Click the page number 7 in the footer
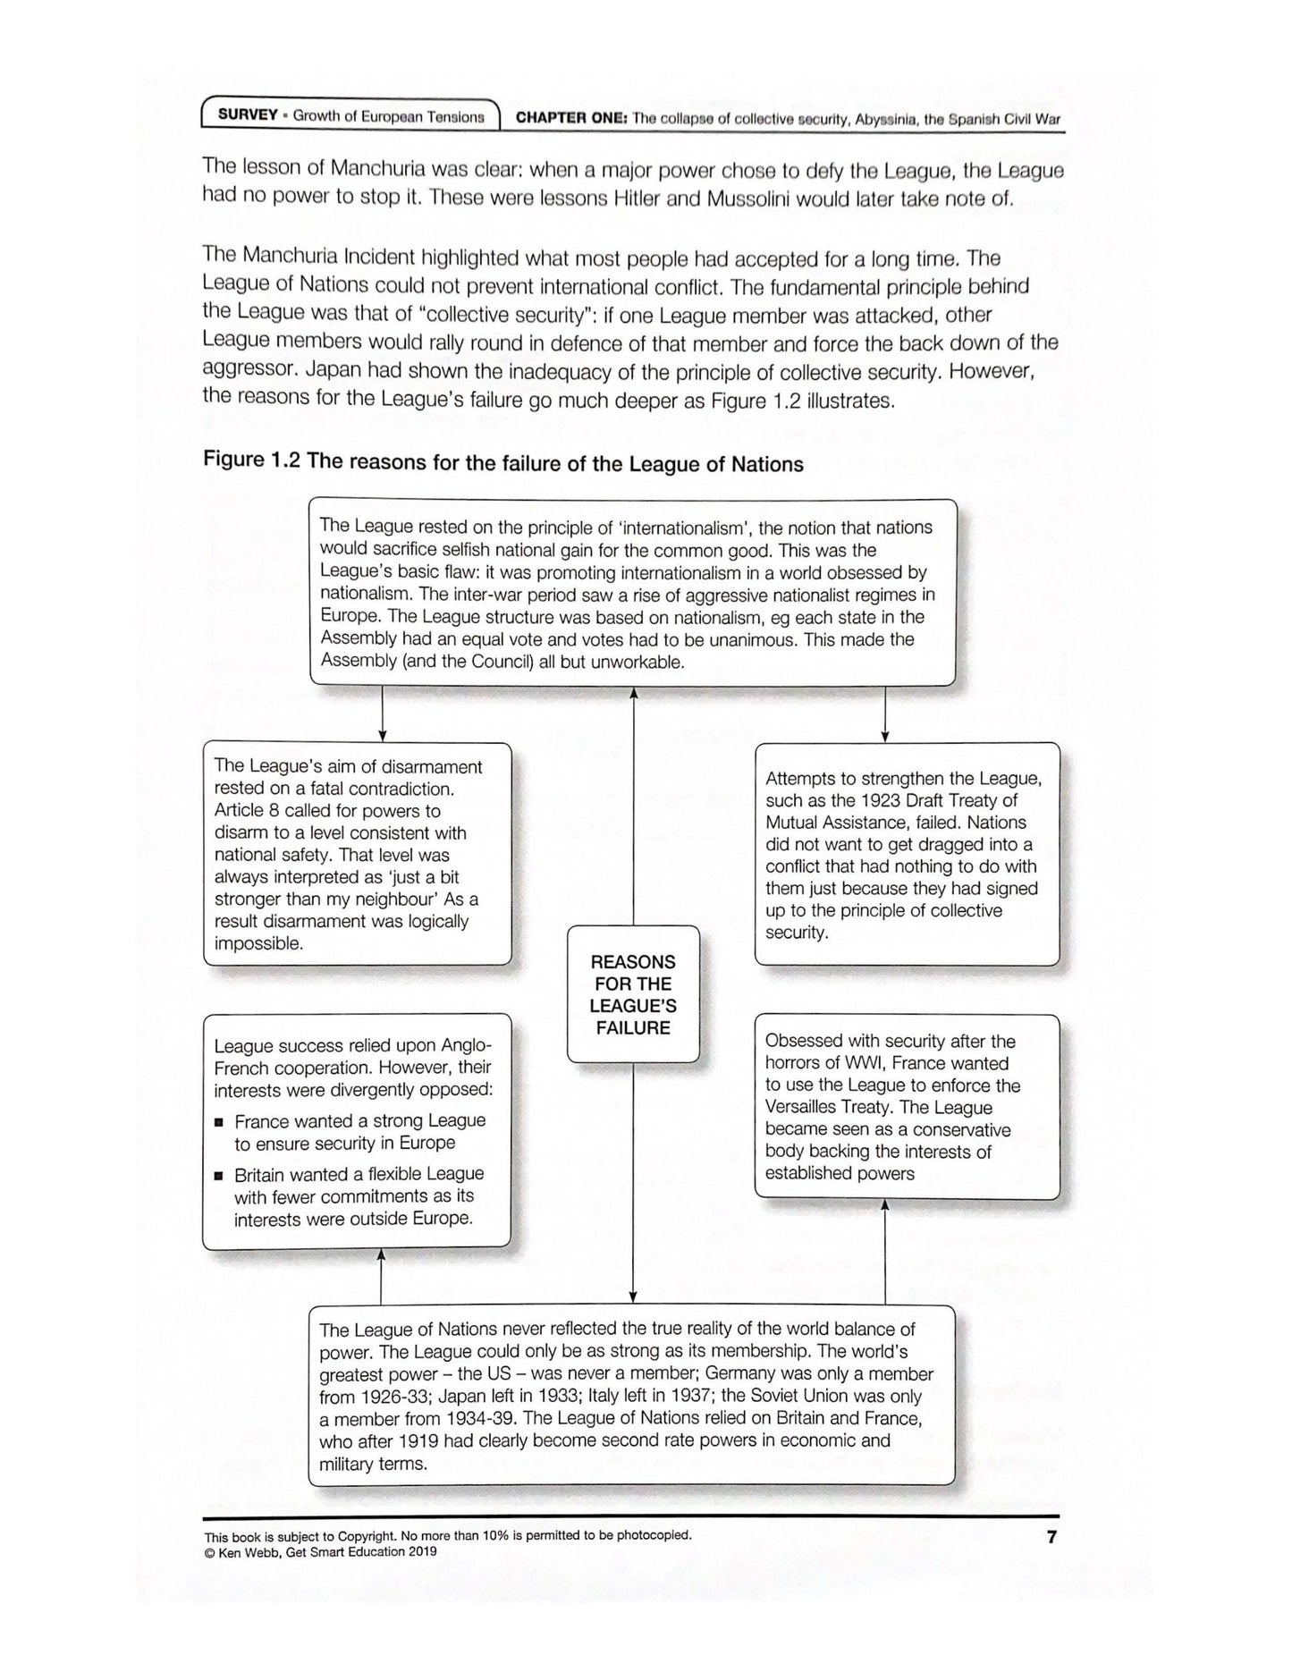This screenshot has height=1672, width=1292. coord(1051,1538)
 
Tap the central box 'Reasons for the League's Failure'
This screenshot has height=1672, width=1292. coord(633,994)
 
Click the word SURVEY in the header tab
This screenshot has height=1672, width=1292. coord(248,116)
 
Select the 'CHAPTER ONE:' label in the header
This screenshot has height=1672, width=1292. coord(572,118)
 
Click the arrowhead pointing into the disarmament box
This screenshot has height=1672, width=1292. coord(383,736)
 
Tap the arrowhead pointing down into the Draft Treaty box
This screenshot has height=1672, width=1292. coord(885,736)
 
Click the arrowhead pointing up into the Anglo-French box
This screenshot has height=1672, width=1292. coord(382,1255)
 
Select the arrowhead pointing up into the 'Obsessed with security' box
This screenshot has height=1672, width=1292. coord(885,1206)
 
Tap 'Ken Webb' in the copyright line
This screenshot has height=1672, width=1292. coord(241,1551)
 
